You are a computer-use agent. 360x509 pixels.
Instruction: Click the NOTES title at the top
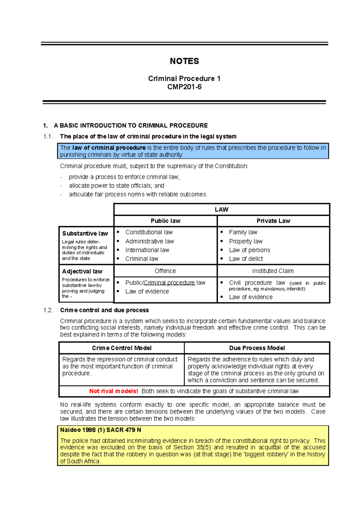tap(184, 61)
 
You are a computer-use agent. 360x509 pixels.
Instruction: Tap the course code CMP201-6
tap(184, 87)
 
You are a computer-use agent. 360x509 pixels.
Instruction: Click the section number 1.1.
tap(48, 137)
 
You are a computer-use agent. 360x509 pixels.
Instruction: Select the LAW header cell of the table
tap(221, 210)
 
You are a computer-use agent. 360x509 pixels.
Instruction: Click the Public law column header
tap(165, 221)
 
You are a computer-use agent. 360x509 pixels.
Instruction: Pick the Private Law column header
tap(273, 221)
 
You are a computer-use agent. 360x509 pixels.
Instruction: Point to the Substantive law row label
tap(85, 234)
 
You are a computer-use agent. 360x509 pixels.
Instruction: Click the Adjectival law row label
tap(82, 272)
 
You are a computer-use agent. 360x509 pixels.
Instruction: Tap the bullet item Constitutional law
tap(149, 232)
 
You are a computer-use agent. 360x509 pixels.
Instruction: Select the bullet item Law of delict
tap(246, 259)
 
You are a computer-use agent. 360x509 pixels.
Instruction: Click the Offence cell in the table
tap(165, 271)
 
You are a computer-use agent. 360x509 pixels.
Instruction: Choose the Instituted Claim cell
tap(273, 271)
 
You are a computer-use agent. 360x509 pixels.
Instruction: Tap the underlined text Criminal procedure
tap(169, 283)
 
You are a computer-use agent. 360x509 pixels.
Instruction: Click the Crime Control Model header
tap(121, 348)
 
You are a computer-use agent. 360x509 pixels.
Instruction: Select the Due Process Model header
tap(257, 348)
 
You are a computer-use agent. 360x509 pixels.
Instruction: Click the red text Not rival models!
tap(113, 391)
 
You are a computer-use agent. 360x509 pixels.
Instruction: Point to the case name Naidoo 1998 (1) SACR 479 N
tap(100, 430)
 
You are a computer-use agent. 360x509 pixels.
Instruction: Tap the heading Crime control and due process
tap(104, 310)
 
